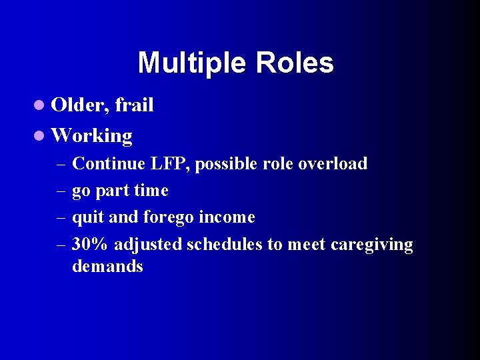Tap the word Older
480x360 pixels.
81,105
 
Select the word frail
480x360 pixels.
135,105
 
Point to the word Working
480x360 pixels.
91,136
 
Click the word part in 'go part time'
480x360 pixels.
113,191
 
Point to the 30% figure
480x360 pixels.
90,245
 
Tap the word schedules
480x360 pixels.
225,245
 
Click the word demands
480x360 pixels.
107,267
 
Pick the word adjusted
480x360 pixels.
148,245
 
